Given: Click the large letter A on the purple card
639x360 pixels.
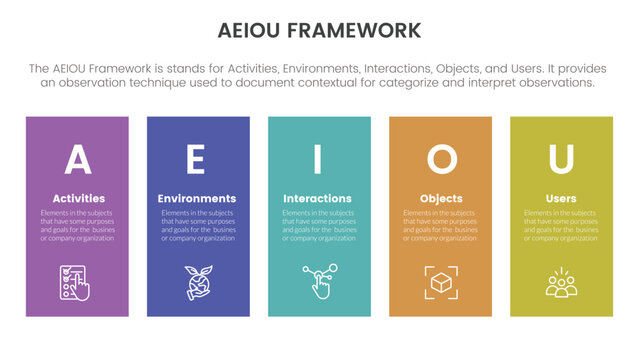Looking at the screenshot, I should [77, 160].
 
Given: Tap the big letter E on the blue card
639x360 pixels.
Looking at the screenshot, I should [197, 160].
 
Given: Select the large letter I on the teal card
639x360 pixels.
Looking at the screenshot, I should [318, 160].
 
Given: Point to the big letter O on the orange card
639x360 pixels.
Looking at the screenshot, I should [441, 160].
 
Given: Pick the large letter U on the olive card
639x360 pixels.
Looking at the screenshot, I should [561, 160].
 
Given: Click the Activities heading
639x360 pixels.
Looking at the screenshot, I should [77, 198].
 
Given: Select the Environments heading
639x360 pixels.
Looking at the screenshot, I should [197, 198].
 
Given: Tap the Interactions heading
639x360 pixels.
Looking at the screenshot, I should [318, 198].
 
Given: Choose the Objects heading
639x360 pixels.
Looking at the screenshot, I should [441, 198].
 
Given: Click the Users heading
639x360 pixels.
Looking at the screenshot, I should [561, 198].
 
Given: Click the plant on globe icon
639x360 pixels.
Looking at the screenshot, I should [197, 282].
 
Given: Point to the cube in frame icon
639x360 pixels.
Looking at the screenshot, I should [441, 282].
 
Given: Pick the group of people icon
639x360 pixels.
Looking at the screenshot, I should [561, 282].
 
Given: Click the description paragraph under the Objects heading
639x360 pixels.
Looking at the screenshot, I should [441, 226].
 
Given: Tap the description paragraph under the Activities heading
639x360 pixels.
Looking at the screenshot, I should [77, 226].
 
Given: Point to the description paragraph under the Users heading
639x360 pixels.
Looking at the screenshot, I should [561, 226].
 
